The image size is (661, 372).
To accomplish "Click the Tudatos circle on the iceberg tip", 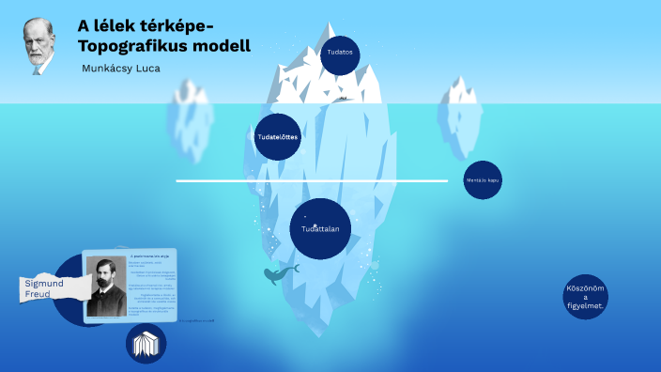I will click(x=339, y=54).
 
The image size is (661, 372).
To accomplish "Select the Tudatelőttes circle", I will click(x=278, y=137).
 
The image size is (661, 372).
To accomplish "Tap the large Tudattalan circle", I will click(x=320, y=228).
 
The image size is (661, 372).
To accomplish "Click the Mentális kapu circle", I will click(x=483, y=180).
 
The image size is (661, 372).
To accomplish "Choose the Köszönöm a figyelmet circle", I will click(x=586, y=297).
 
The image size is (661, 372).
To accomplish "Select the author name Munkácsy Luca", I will click(x=121, y=69).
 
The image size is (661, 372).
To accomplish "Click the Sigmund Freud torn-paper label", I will click(x=43, y=287).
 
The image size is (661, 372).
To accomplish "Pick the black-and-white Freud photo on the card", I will click(x=106, y=284).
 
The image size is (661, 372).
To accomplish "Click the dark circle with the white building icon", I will click(x=146, y=343).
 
